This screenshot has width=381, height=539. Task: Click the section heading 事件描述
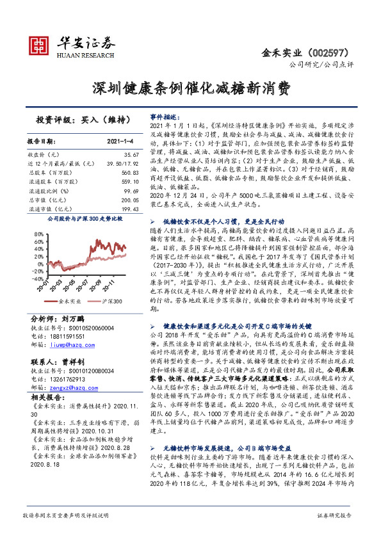163,118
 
